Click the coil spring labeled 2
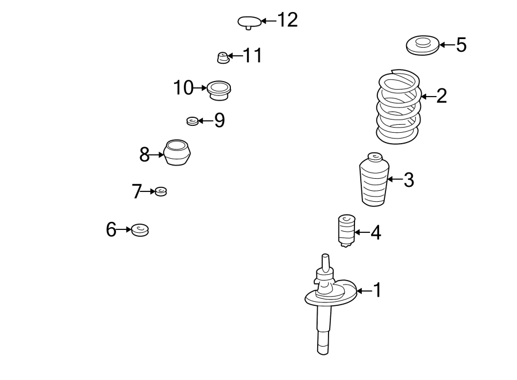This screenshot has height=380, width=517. click(399, 107)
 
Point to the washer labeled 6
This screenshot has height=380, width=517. click(140, 230)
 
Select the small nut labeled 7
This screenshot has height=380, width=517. click(161, 191)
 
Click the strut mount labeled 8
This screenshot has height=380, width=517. click(178, 153)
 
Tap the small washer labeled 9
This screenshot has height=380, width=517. click(192, 121)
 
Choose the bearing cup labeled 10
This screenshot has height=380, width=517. click(219, 89)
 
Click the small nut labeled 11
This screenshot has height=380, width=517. click(222, 57)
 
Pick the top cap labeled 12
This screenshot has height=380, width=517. click(249, 22)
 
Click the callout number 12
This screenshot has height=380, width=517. click(287, 20)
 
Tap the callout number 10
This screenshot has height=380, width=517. click(184, 88)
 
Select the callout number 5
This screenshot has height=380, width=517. click(461, 45)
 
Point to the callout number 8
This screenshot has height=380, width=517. click(144, 154)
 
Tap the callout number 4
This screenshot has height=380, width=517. click(375, 232)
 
